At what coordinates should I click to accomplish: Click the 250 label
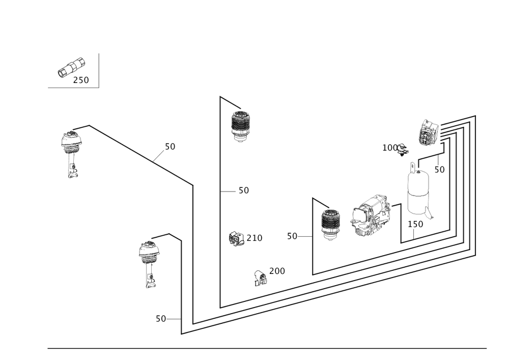click(81, 80)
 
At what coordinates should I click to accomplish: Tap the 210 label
click(254, 238)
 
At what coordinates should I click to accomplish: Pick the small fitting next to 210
click(236, 238)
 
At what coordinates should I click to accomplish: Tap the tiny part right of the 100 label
click(404, 149)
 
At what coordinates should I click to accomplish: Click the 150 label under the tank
click(415, 224)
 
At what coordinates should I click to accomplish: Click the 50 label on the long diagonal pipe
click(169, 147)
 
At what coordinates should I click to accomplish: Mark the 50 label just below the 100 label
click(439, 169)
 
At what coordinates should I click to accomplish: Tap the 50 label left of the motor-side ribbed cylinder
click(292, 236)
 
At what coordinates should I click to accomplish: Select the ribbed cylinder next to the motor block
click(330, 225)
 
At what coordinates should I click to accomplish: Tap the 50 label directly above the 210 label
click(243, 190)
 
